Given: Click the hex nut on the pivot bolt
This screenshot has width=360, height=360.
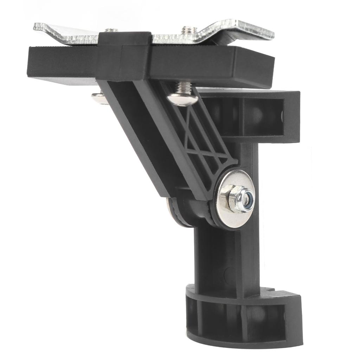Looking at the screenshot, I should pyautogui.click(x=234, y=198).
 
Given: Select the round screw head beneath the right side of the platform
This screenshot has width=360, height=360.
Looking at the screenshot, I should pyautogui.click(x=182, y=99).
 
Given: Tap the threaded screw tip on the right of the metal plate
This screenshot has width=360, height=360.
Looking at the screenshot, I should pyautogui.click(x=189, y=30).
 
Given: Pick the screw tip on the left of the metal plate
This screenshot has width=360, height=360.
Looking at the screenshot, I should pyautogui.click(x=111, y=30).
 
